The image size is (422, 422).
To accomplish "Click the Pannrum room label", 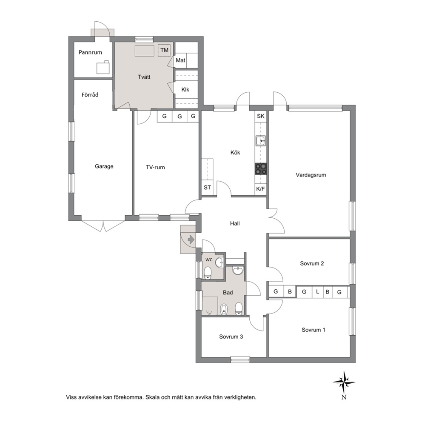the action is click(90, 52).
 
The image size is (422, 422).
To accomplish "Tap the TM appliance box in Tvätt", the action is click(164, 50).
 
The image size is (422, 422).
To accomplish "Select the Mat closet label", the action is click(180, 60).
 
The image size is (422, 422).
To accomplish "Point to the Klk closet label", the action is click(185, 90).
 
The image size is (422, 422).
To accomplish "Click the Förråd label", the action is click(90, 95).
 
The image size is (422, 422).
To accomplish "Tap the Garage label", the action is click(104, 166).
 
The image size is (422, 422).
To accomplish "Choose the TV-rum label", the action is click(155, 168).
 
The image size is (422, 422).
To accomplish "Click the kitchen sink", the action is click(260, 141).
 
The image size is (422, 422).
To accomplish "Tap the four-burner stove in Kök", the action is click(261, 169).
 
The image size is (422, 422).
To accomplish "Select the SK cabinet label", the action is click(260, 116).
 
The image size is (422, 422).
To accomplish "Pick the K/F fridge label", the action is click(260, 189).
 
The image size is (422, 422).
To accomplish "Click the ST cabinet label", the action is click(207, 188).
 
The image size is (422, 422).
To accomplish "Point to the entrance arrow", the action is click(191, 239).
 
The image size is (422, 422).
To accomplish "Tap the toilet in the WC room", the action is click(208, 273).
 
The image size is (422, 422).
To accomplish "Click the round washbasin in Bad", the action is click(238, 271).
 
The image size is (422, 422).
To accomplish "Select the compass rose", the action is click(344, 382).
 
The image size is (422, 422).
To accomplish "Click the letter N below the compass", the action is click(344, 397).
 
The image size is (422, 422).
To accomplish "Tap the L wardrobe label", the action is click(318, 291).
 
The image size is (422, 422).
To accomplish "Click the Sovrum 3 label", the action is click(231, 336).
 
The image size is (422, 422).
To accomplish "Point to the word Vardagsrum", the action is click(311, 175).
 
